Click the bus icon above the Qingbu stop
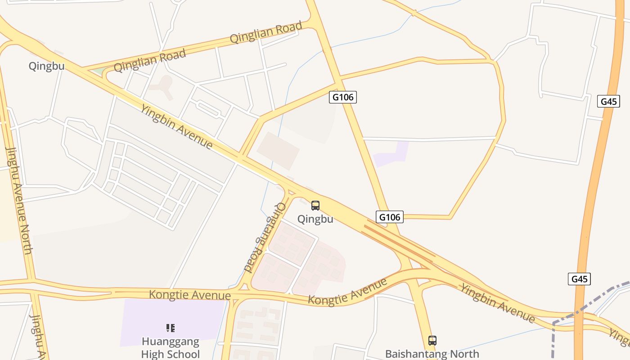click(315, 206)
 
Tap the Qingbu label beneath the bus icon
click(315, 219)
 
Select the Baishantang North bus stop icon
click(432, 341)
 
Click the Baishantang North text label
click(432, 354)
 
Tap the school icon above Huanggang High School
click(170, 328)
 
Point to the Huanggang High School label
click(171, 347)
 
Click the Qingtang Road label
click(265, 238)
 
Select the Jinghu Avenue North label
click(19, 200)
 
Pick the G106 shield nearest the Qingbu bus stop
click(390, 217)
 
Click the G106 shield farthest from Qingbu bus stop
click(343, 97)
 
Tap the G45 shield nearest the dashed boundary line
click(580, 279)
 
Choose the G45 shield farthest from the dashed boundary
click(609, 101)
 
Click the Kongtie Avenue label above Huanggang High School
click(189, 295)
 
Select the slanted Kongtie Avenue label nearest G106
click(347, 292)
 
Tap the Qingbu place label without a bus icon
click(46, 66)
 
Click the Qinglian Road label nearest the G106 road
click(266, 32)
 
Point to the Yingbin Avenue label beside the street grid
click(176, 126)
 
